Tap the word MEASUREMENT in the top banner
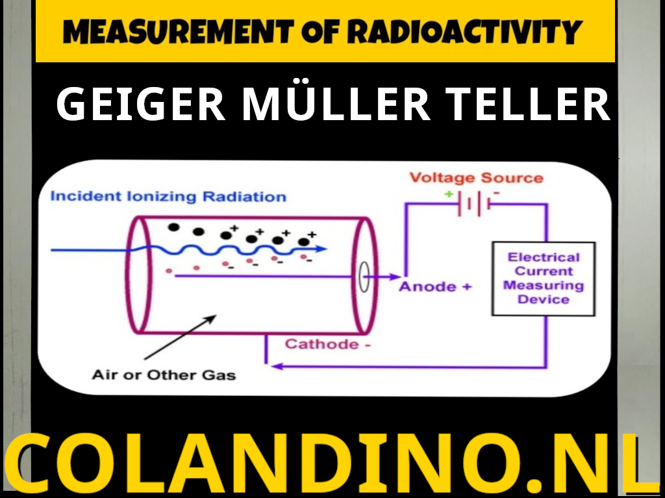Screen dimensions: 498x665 point(177,31)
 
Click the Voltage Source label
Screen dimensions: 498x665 point(476,178)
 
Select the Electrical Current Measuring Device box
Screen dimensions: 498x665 point(543,279)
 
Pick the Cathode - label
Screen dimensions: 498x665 point(328,344)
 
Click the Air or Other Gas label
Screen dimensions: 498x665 point(164,375)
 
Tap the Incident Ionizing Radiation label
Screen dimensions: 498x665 point(168,196)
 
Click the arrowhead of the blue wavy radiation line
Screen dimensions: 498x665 point(323,249)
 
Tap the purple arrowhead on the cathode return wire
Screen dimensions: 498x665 point(276,366)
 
